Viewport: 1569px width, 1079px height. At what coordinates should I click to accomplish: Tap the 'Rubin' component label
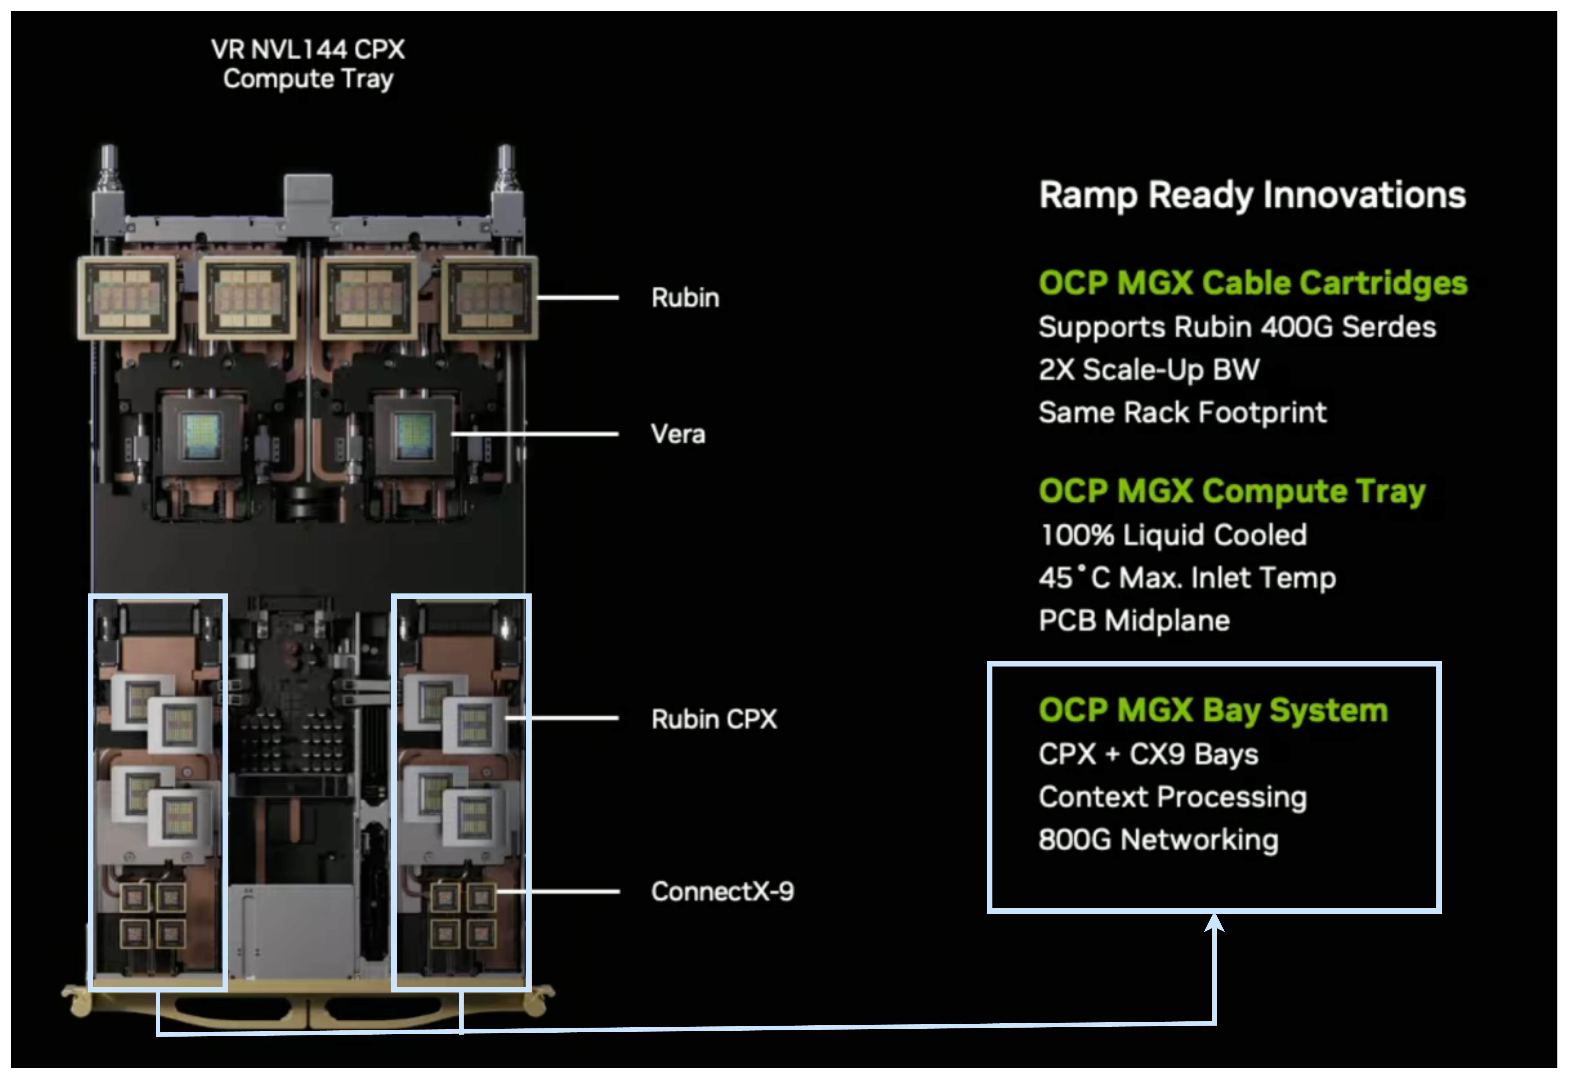[685, 298]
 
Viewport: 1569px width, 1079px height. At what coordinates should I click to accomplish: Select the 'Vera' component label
[677, 434]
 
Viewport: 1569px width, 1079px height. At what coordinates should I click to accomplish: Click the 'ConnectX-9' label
[722, 891]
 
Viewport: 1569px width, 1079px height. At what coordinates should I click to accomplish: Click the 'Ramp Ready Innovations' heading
[1252, 195]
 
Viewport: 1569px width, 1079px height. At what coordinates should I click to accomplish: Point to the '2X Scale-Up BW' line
[1149, 370]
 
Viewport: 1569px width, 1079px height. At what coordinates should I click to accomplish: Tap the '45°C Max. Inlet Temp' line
[1187, 578]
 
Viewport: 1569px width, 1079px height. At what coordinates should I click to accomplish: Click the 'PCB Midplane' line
[1134, 621]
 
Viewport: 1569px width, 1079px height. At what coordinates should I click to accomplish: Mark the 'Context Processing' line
[1172, 797]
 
